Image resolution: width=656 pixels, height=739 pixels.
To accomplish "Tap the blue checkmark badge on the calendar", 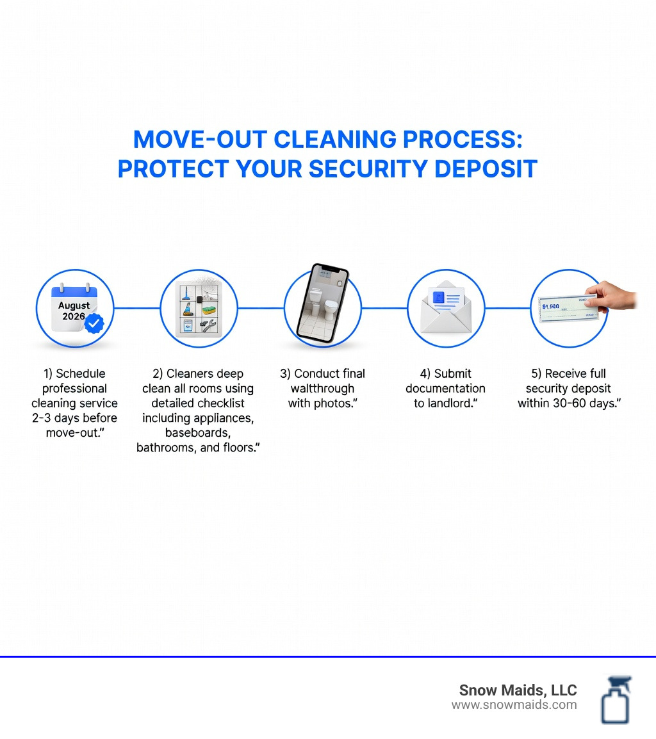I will click(94, 324).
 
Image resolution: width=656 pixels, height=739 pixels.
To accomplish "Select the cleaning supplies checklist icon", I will click(198, 307).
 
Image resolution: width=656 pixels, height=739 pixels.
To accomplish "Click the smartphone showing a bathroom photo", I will click(323, 303).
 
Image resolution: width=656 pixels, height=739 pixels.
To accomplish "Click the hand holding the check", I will click(613, 296).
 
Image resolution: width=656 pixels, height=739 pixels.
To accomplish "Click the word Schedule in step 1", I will click(81, 373).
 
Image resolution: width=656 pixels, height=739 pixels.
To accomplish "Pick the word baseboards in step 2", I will click(197, 433).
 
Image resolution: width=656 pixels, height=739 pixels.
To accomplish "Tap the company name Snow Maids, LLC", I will click(518, 690).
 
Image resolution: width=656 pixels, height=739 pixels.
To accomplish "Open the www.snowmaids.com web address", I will click(514, 705).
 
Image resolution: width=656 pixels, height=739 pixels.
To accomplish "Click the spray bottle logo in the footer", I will click(616, 699).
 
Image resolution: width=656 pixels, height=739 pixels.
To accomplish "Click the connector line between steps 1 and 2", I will click(136, 308).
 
